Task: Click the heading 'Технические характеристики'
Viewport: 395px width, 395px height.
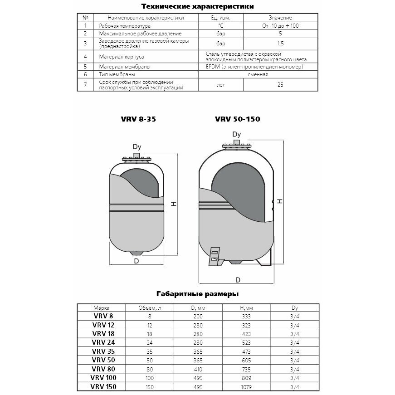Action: coord(197,7)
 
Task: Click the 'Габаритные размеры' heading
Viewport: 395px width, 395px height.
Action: coord(197,294)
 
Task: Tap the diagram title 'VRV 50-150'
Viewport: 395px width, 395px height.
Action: coord(238,119)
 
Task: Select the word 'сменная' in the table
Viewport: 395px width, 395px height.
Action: coord(258,74)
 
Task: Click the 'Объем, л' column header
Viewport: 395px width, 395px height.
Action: coord(149,307)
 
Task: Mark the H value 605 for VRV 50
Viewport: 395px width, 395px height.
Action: coord(246,360)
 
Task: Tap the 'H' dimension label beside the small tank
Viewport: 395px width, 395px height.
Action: coord(173,205)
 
